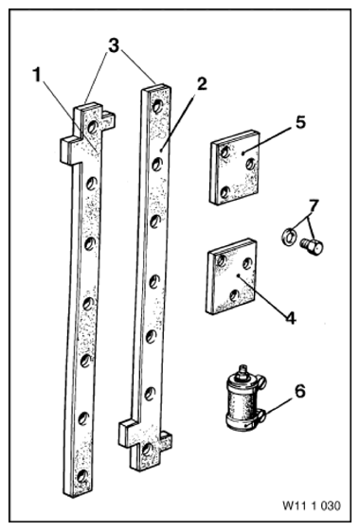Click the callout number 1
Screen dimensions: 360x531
(x=37, y=75)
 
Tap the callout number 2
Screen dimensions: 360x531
(x=202, y=83)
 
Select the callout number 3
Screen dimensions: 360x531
(x=114, y=45)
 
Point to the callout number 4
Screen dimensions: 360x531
(x=291, y=318)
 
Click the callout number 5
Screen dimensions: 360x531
(x=300, y=122)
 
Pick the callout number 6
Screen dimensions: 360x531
(x=299, y=391)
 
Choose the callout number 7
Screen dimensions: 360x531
(x=314, y=205)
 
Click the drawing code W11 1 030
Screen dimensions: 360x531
(x=312, y=505)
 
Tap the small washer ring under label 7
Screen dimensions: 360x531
(x=289, y=237)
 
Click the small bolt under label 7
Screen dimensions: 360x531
(x=312, y=246)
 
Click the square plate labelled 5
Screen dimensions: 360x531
(x=235, y=168)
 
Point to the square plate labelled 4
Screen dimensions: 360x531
(x=232, y=276)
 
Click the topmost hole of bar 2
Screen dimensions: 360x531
(x=157, y=106)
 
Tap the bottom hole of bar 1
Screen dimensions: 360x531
(x=81, y=476)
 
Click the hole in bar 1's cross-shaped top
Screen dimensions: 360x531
(x=93, y=128)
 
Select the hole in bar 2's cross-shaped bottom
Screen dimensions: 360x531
(x=148, y=450)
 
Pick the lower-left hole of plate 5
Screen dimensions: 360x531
(x=225, y=192)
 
